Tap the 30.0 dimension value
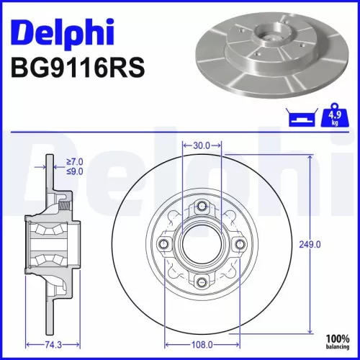(202, 145)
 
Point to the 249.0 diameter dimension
(310, 245)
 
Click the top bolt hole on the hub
(202, 208)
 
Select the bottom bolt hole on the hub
(202, 282)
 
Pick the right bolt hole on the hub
(239, 245)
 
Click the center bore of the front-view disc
(202, 245)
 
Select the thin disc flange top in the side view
(48, 162)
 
